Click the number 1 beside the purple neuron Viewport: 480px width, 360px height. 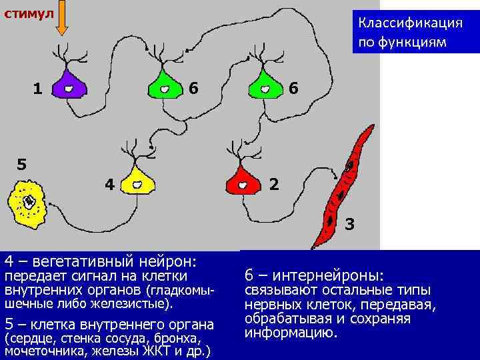38,87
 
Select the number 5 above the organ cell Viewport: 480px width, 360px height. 21,163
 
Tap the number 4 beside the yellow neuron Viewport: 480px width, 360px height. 109,183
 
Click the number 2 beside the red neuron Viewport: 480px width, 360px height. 273,183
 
